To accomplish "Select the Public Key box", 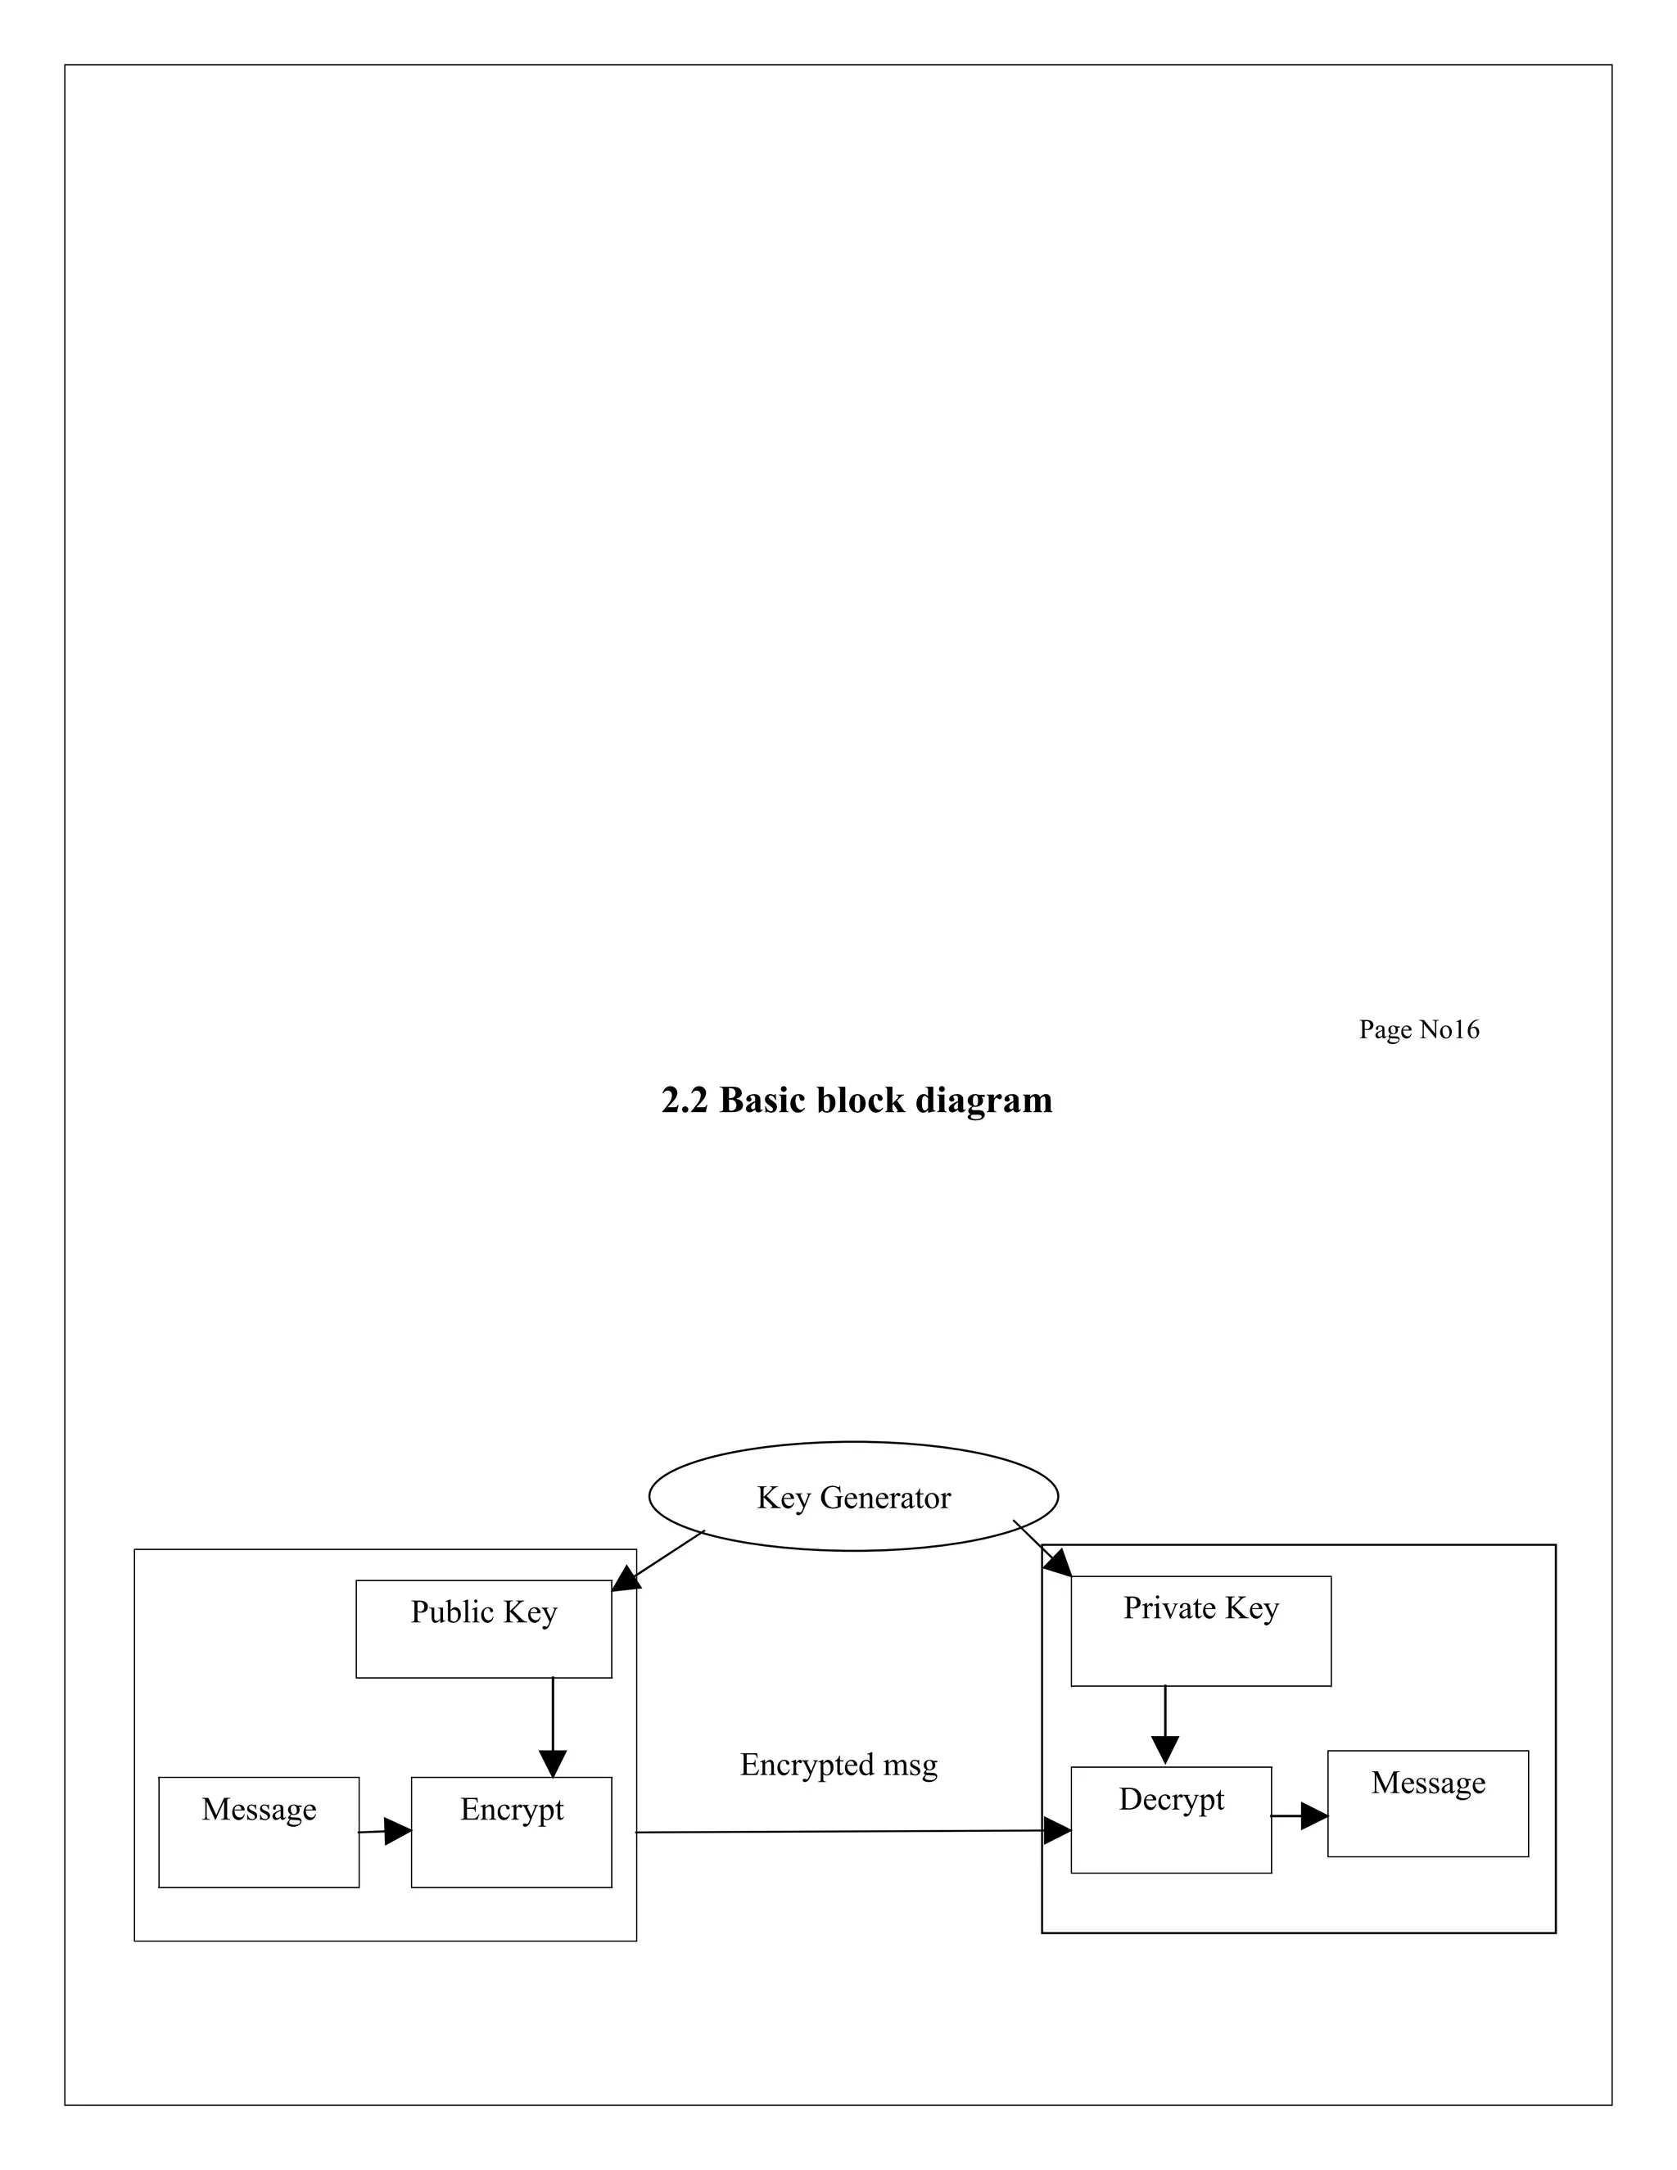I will click(x=483, y=1629).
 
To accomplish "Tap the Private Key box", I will click(x=1200, y=1630).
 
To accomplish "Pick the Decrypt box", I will click(x=1170, y=1820).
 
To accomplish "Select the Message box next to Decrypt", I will click(x=1427, y=1803).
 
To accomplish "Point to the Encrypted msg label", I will click(x=838, y=1764).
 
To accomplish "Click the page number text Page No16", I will click(x=1419, y=1029).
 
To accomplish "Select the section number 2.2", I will click(x=684, y=1100).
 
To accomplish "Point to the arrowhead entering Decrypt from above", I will click(x=1165, y=1750).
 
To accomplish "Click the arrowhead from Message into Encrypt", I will click(x=396, y=1830).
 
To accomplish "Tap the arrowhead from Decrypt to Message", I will click(x=1313, y=1816).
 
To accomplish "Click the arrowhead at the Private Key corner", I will click(x=1057, y=1563).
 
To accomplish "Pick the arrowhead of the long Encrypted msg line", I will click(x=1056, y=1830).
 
